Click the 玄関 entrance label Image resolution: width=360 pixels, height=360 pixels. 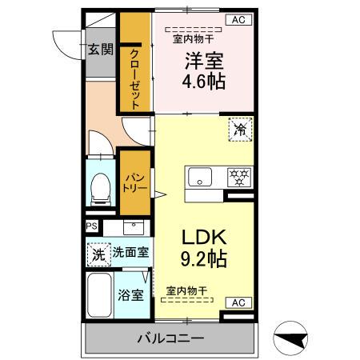click(x=100, y=50)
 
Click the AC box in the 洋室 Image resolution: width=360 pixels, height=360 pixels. click(x=238, y=19)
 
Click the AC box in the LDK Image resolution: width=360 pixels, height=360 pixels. click(x=238, y=302)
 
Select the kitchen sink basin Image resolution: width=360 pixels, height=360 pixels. click(x=198, y=175)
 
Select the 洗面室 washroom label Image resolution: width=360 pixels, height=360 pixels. click(x=130, y=252)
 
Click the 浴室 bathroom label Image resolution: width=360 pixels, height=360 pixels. click(x=131, y=294)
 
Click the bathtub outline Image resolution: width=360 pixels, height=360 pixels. click(x=99, y=298)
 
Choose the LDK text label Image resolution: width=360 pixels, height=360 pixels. click(x=202, y=237)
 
